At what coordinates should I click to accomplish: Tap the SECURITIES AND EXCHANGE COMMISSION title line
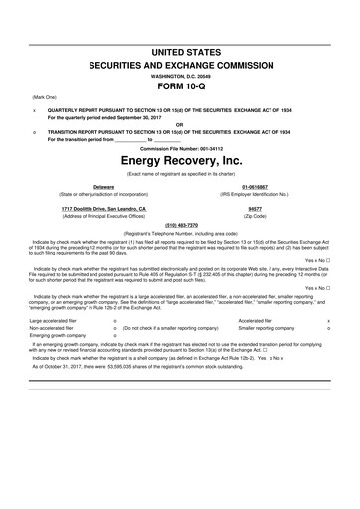click(x=180, y=62)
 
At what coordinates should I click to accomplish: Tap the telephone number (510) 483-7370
click(x=180, y=225)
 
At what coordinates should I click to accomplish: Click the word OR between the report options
click(x=180, y=124)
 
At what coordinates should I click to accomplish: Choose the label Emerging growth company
click(x=58, y=335)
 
